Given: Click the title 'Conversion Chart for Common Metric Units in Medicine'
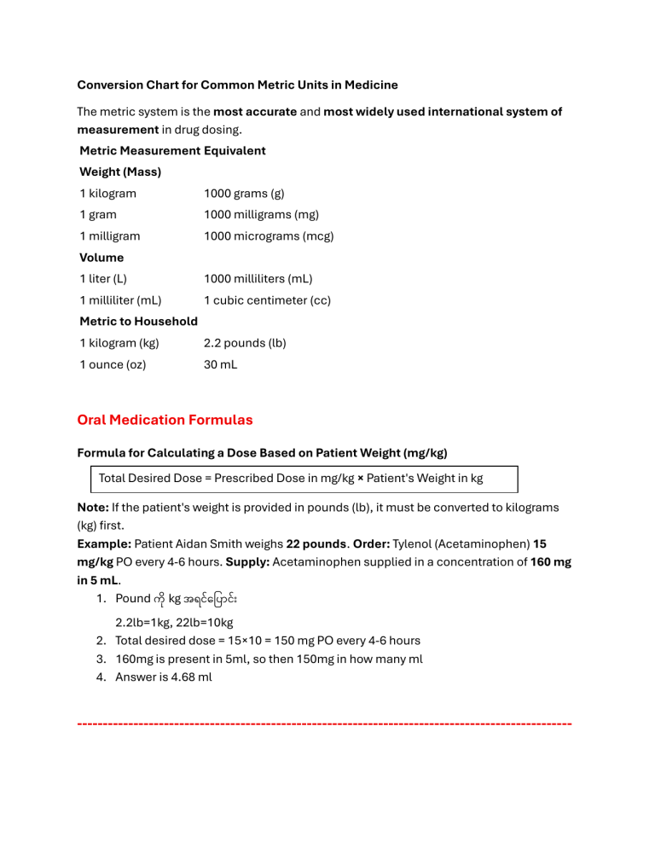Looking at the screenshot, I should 237,85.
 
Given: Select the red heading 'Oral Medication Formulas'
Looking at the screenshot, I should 165,420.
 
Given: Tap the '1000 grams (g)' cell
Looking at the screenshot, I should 243,194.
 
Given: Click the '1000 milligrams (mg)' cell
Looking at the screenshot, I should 260,215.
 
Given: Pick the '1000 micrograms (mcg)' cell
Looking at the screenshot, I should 268,236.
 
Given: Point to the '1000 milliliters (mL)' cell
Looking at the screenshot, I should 258,279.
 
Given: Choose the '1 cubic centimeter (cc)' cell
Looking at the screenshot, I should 267,300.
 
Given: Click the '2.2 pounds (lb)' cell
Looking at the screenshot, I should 244,343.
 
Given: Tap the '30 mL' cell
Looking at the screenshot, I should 220,364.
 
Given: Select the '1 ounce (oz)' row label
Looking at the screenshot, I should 113,364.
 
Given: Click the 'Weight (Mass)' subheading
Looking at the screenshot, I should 120,172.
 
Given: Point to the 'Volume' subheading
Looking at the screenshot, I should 101,258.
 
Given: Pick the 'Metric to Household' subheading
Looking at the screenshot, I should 138,322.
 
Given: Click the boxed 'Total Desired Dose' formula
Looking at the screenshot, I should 304,479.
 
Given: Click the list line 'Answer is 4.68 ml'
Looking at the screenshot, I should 164,677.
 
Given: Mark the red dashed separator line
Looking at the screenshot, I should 324,723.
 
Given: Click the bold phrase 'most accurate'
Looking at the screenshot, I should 254,112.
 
